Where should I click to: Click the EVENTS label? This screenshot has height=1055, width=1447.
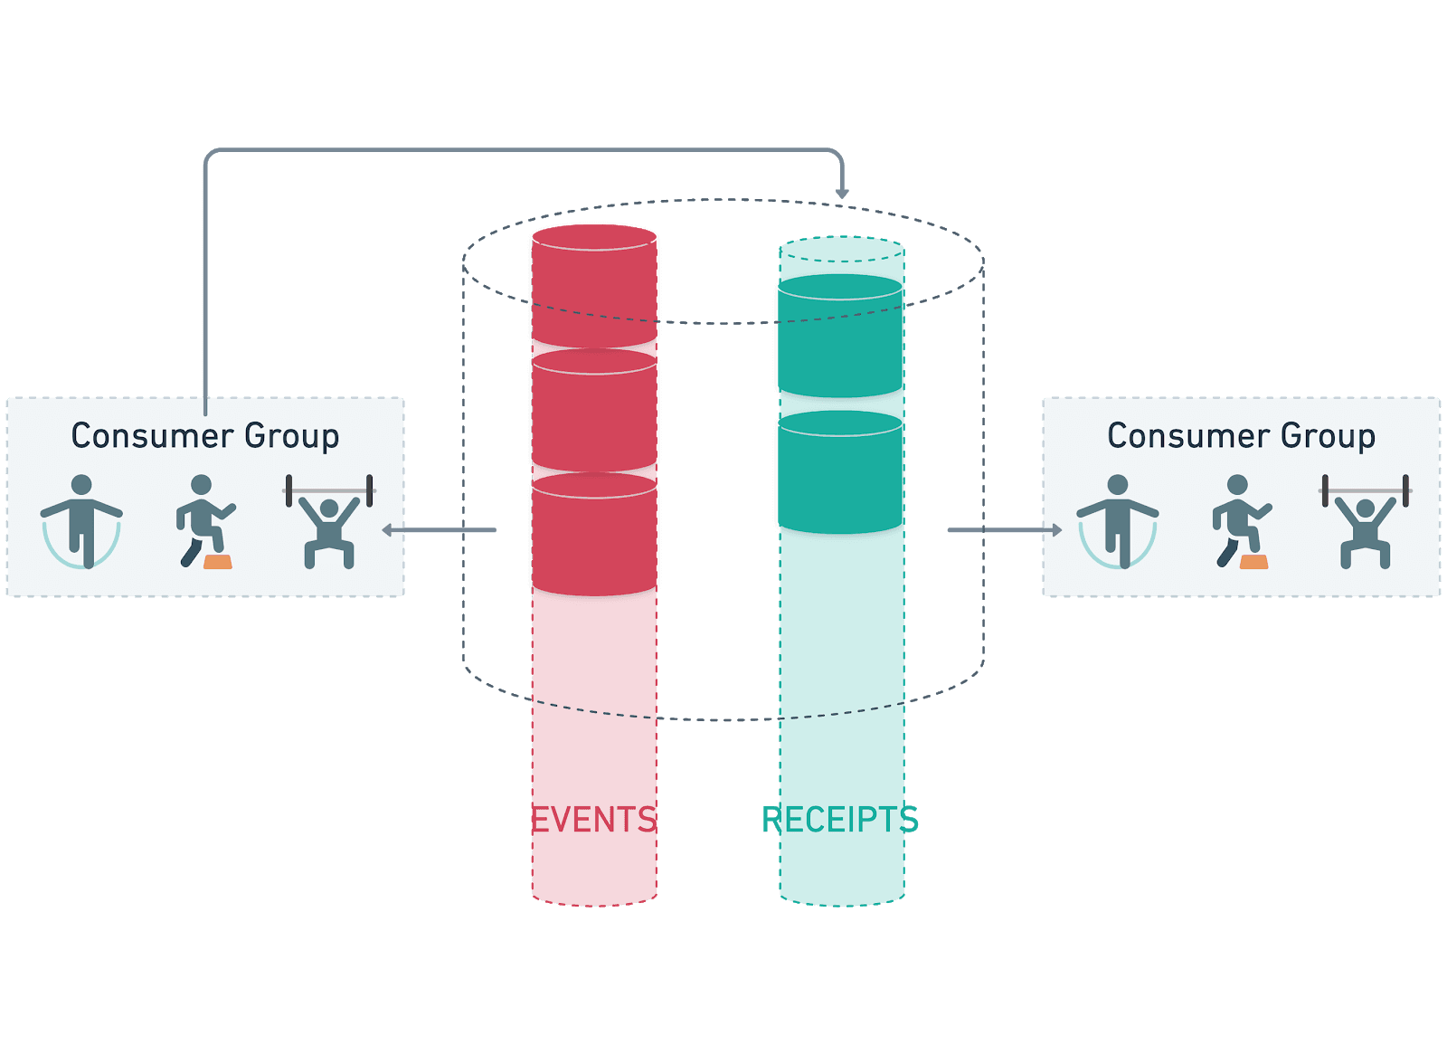pyautogui.click(x=593, y=820)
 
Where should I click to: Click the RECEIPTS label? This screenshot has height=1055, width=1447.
pyautogui.click(x=840, y=820)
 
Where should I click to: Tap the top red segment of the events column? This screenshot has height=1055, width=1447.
pyautogui.click(x=594, y=286)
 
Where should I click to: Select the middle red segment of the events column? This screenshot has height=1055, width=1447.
pyautogui.click(x=594, y=412)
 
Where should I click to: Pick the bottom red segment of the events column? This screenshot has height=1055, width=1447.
pyautogui.click(x=594, y=536)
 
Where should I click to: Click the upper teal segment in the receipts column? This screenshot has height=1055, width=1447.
pyautogui.click(x=840, y=337)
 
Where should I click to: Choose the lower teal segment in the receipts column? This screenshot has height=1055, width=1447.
pyautogui.click(x=840, y=472)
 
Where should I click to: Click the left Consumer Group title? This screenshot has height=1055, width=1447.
pyautogui.click(x=205, y=436)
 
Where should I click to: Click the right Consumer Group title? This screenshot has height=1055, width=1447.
pyautogui.click(x=1241, y=436)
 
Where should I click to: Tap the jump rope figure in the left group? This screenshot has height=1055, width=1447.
pyautogui.click(x=81, y=522)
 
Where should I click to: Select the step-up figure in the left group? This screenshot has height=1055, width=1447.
pyautogui.click(x=204, y=521)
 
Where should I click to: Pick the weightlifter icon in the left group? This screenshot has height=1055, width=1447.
pyautogui.click(x=329, y=522)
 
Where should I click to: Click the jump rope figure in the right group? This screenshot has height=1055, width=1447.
pyautogui.click(x=1118, y=522)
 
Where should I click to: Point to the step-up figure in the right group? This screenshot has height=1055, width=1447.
pyautogui.click(x=1241, y=521)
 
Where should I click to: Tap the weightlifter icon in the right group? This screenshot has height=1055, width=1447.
pyautogui.click(x=1366, y=522)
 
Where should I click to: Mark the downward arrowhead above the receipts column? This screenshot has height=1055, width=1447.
pyautogui.click(x=842, y=194)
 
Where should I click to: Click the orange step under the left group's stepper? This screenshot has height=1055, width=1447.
pyautogui.click(x=218, y=562)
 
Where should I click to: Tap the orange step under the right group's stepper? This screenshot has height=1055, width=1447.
pyautogui.click(x=1253, y=562)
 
